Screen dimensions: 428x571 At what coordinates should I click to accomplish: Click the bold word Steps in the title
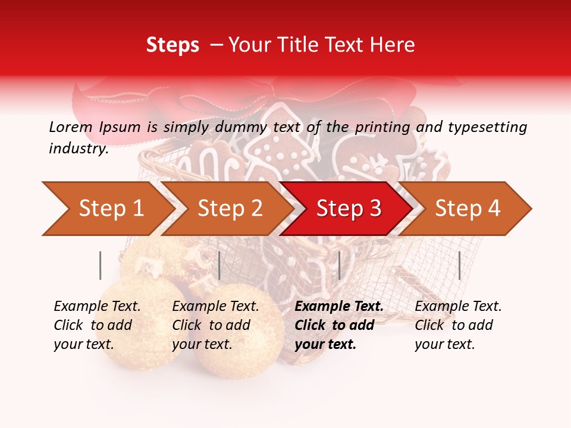[172, 45]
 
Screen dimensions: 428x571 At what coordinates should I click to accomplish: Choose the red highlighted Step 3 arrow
[349, 209]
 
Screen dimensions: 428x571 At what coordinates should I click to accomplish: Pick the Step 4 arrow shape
[468, 209]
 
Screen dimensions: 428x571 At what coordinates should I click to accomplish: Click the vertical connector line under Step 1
[101, 265]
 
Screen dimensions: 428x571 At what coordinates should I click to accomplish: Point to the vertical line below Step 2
[219, 265]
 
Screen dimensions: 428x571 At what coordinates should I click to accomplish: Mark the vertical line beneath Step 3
[339, 265]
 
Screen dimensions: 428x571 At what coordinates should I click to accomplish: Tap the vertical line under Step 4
[459, 265]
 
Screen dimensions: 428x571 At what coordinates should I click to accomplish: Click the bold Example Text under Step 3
[339, 325]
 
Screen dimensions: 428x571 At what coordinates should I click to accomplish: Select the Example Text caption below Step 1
[97, 325]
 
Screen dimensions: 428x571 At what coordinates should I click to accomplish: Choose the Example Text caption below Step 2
[215, 325]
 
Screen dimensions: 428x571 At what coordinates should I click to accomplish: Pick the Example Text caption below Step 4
[458, 325]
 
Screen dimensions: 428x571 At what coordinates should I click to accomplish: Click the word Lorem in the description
[71, 127]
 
